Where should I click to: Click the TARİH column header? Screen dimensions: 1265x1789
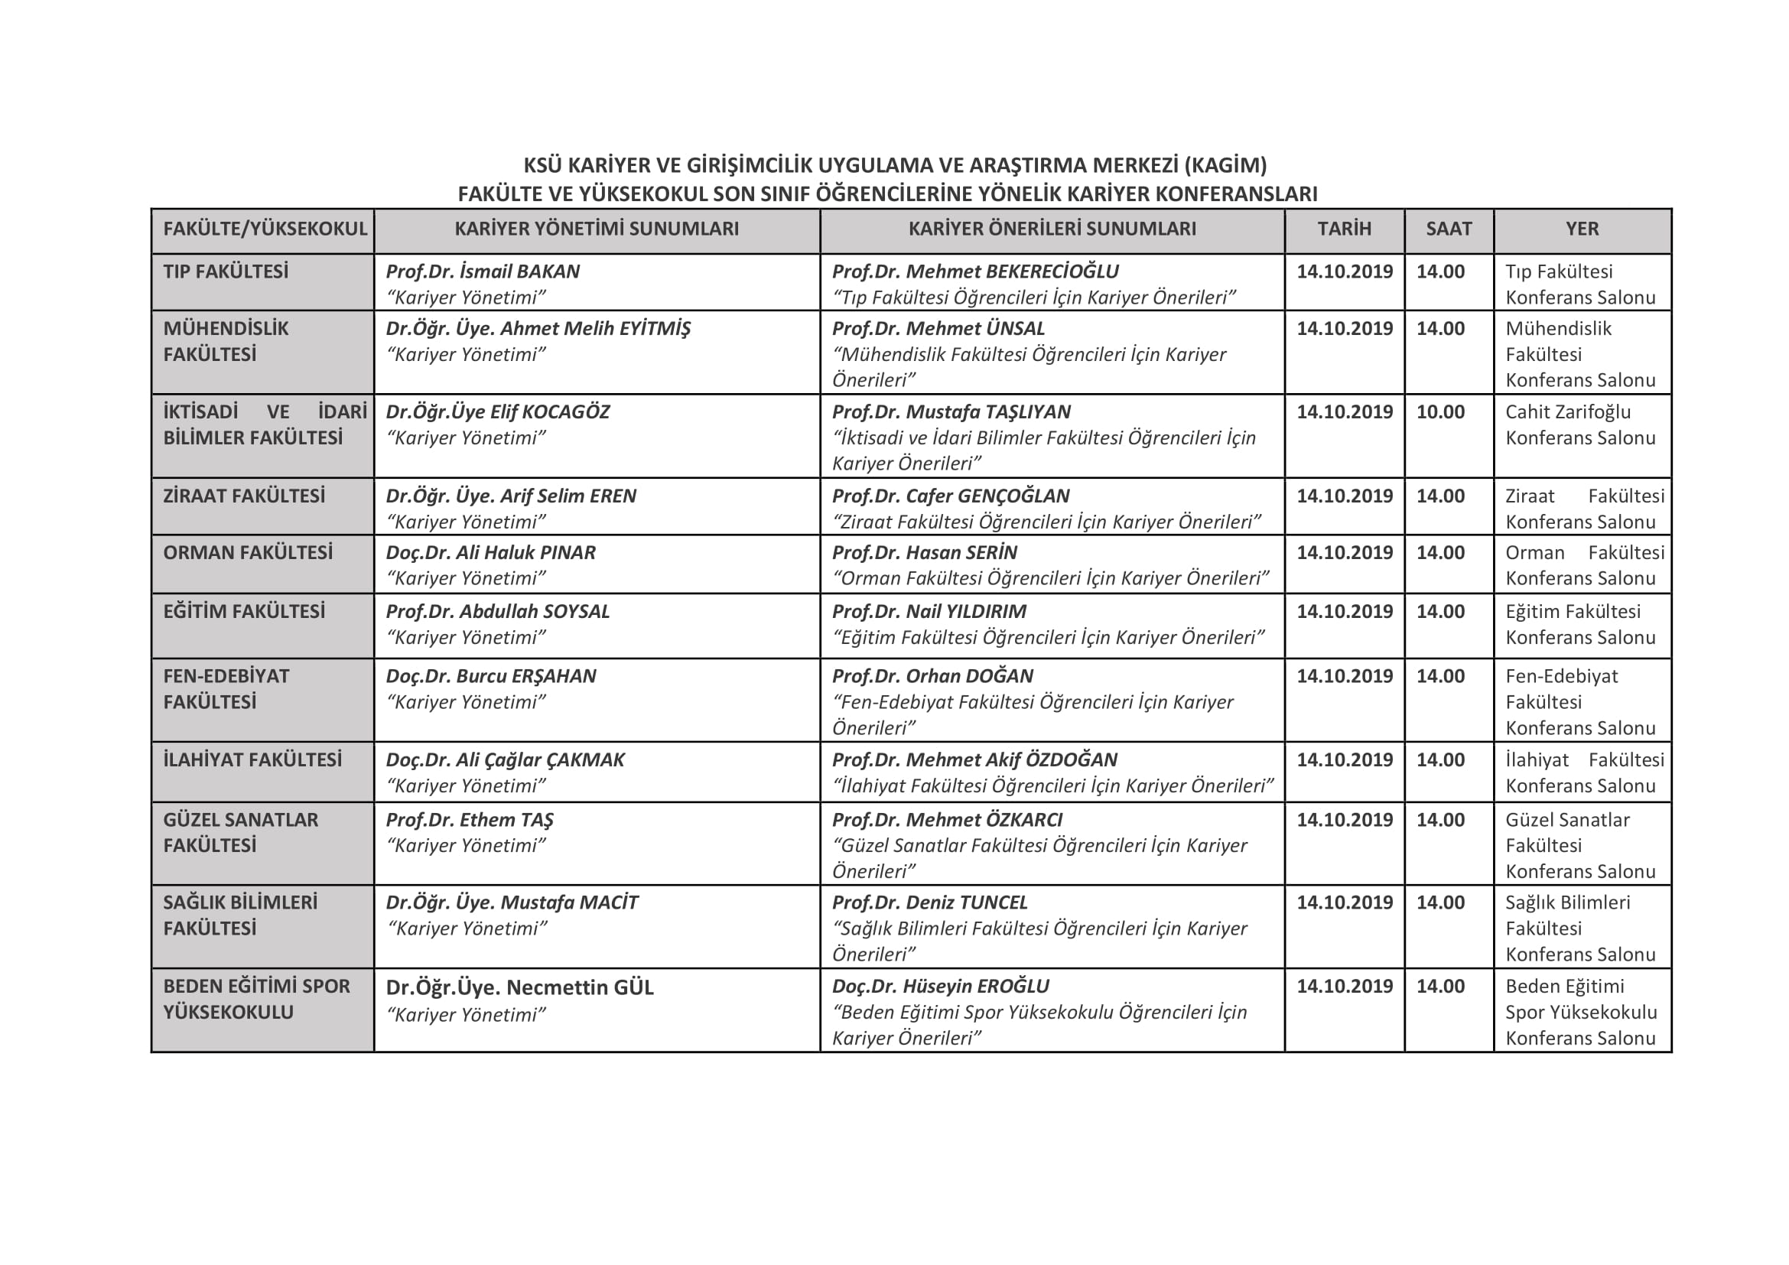1344,229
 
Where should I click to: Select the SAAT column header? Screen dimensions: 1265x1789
1449,229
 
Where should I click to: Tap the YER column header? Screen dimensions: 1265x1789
1582,229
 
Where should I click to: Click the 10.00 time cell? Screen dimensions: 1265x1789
1440,412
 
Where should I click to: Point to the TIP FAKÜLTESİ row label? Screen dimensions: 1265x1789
225,272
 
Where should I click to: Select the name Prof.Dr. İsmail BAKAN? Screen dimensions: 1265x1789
483,272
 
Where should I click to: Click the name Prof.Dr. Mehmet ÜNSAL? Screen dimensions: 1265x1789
938,329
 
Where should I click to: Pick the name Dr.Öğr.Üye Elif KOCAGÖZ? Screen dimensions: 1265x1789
497,412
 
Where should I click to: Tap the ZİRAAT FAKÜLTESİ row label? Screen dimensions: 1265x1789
243,496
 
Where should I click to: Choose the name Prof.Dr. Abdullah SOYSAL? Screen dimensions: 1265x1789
497,612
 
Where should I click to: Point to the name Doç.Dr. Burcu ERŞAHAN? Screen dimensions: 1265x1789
491,676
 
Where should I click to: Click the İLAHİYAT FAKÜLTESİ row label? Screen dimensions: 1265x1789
252,759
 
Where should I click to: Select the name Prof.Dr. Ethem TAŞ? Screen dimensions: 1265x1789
469,819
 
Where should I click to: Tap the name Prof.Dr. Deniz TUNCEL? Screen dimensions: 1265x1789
929,902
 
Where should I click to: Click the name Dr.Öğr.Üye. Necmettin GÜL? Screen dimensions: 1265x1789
519,987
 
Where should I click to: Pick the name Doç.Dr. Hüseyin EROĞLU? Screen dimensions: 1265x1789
941,986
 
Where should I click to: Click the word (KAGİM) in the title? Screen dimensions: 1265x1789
1225,165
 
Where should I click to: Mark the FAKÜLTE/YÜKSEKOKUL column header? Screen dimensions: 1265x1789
264,229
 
